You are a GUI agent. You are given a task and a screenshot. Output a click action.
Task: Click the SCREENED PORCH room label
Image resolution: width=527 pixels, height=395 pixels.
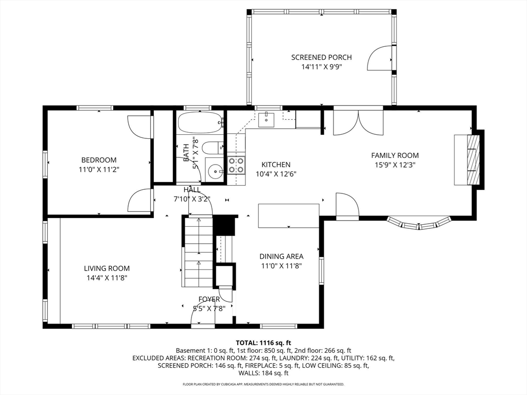[x=322, y=57]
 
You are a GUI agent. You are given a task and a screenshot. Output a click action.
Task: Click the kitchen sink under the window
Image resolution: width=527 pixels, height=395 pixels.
[x=267, y=119]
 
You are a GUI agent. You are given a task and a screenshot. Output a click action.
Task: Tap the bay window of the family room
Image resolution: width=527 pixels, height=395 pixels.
[x=419, y=223]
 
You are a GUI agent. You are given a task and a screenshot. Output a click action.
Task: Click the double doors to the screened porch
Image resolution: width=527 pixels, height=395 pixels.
[x=358, y=122]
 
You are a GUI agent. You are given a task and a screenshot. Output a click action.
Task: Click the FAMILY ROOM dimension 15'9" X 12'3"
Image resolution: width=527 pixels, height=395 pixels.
[x=395, y=165]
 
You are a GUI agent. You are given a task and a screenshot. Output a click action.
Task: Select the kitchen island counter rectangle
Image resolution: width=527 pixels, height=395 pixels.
[x=288, y=216]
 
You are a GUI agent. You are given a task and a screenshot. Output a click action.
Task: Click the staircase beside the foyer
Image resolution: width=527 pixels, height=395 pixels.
[x=198, y=252]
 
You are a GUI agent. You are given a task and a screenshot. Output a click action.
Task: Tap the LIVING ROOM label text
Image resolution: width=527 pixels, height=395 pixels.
[x=107, y=268]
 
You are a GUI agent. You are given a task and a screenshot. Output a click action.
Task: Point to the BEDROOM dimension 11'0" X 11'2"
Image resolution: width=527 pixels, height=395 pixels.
[x=99, y=169]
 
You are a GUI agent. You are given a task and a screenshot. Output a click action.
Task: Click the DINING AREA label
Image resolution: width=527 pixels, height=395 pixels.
[x=281, y=256]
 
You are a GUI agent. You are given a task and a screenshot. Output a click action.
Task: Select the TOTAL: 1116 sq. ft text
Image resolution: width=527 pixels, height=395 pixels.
[x=263, y=343]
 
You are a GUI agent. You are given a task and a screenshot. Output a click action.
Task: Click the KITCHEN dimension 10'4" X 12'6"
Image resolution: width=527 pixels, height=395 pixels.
[x=276, y=174]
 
